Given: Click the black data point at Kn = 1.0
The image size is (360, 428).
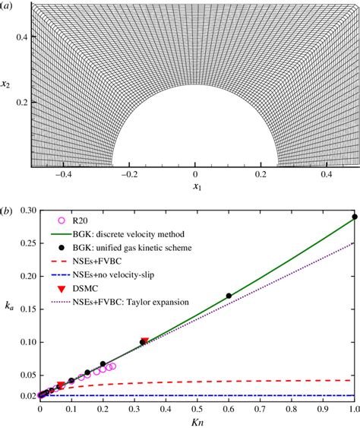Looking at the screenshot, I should (354, 217).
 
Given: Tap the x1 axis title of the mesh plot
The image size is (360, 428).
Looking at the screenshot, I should (196, 185).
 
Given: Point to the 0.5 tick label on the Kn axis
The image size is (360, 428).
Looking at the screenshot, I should (197, 407).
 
